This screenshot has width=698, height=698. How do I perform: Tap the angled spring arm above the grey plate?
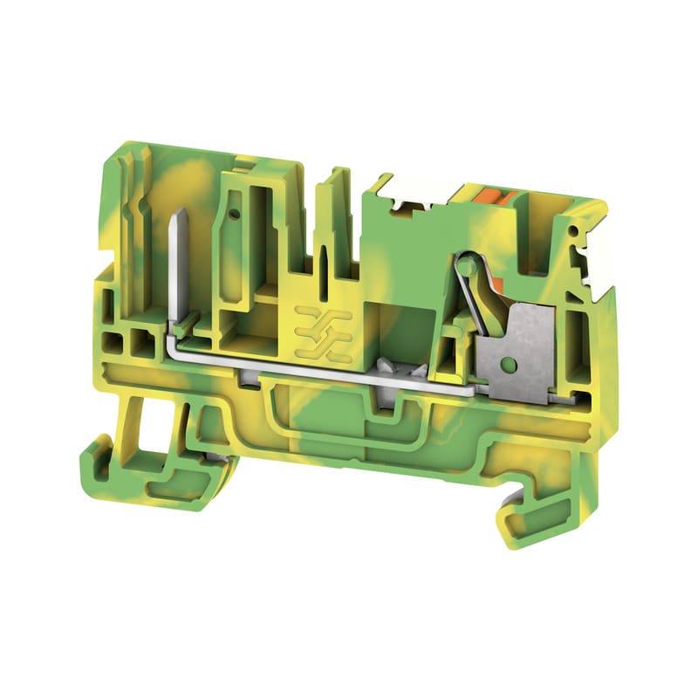(x=477, y=301)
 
